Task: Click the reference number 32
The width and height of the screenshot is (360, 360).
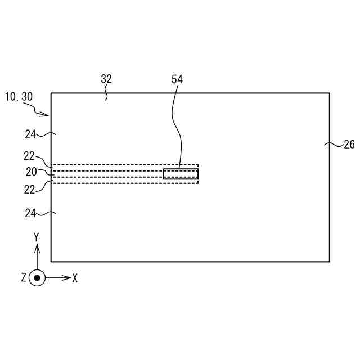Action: click(x=106, y=79)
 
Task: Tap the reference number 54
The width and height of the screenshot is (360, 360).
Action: click(x=177, y=79)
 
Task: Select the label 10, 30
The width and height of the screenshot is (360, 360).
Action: click(x=19, y=97)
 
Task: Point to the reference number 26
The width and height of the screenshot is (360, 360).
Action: click(x=349, y=145)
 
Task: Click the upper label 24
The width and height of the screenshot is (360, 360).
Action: click(x=31, y=134)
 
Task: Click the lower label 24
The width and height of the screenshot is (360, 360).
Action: click(x=31, y=213)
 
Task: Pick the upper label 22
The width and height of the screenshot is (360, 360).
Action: click(x=29, y=156)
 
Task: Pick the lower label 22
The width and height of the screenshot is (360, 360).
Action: click(x=29, y=190)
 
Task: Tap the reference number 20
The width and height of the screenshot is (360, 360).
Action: click(x=31, y=171)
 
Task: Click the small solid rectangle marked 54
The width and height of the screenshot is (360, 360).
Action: click(x=181, y=174)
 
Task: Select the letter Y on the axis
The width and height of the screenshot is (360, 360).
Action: click(x=37, y=237)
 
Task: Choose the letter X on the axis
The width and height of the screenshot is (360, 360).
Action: click(x=75, y=278)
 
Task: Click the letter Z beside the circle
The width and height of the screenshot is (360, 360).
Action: click(x=24, y=278)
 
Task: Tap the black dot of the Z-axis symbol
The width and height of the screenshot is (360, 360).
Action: click(x=37, y=278)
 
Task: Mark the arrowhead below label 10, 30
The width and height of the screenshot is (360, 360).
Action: click(x=47, y=115)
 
